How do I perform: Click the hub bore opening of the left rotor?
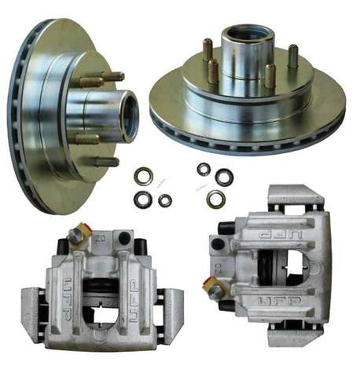[128, 116]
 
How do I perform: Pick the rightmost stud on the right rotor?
[292, 56]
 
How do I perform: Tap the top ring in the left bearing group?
[145, 174]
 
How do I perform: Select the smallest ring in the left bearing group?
[164, 200]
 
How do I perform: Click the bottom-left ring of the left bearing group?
[142, 198]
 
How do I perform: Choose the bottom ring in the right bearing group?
[215, 199]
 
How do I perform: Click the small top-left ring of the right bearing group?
[204, 169]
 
